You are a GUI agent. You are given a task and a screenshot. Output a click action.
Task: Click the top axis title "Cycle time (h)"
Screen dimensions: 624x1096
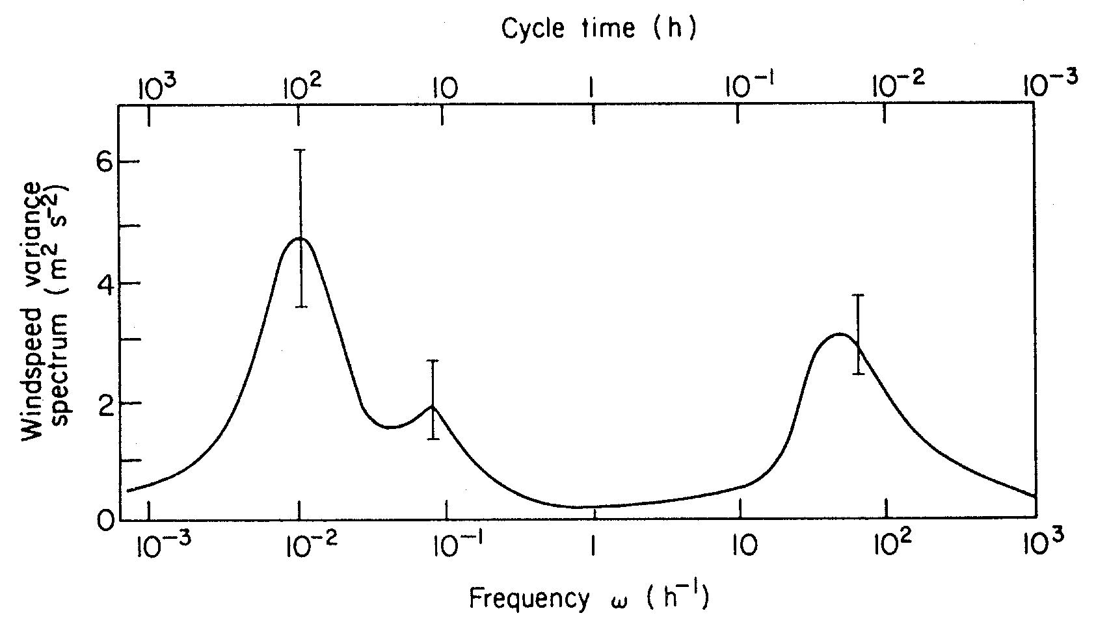click(598, 29)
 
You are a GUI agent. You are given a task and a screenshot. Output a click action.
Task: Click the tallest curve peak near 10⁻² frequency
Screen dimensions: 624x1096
click(300, 239)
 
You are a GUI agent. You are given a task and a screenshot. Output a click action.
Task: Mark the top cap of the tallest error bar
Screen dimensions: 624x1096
click(300, 150)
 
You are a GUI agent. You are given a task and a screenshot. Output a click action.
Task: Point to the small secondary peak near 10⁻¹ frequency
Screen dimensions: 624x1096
click(432, 408)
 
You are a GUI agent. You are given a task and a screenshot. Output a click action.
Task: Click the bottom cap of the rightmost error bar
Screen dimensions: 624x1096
click(858, 374)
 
